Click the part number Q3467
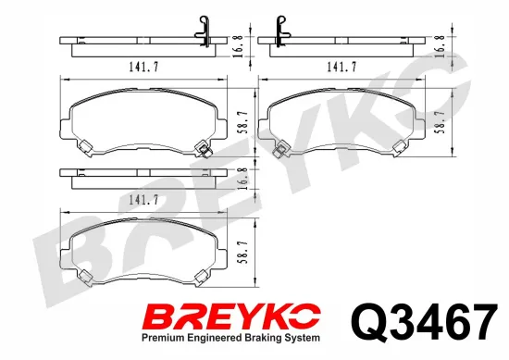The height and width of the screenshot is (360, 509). (x=424, y=321)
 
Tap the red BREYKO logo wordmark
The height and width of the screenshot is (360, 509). (x=232, y=317)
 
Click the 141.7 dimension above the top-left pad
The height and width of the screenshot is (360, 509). (x=143, y=67)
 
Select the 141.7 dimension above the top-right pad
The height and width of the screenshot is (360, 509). (x=341, y=67)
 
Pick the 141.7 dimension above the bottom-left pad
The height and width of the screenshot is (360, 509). (x=143, y=200)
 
